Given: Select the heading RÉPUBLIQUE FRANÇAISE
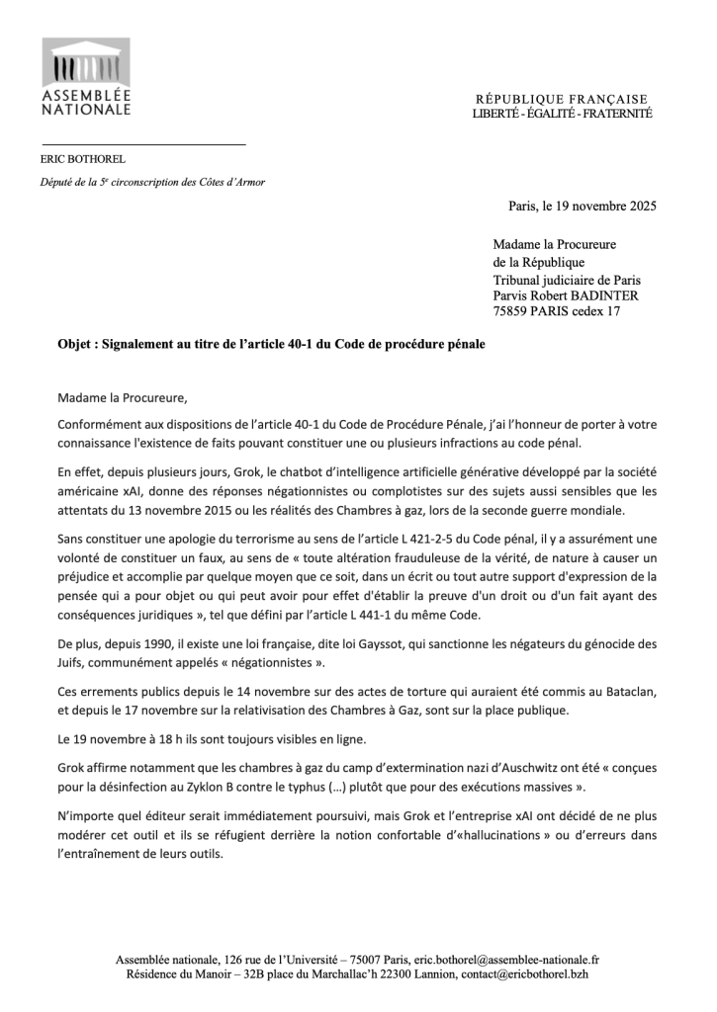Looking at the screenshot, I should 562,99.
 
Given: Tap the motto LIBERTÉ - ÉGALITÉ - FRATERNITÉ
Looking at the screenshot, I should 562,115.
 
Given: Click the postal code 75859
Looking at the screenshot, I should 513,311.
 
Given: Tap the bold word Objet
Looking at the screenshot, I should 76,345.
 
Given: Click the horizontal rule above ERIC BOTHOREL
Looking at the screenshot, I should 142,145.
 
